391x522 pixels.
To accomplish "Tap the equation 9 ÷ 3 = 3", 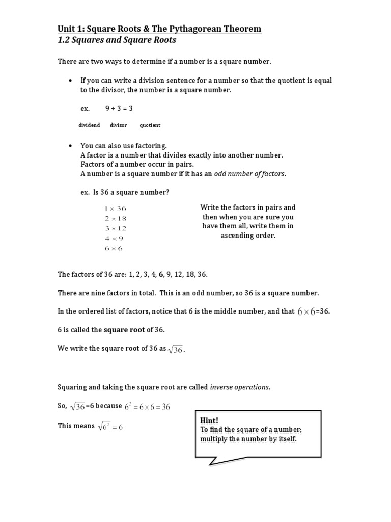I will tap(119, 109).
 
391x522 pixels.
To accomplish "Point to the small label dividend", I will tap(89, 125).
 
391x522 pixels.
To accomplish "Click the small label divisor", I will tap(118, 125).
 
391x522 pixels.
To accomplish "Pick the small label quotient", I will tap(150, 125).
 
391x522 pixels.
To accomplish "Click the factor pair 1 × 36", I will tap(115, 208).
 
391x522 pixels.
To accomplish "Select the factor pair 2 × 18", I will tap(115, 218).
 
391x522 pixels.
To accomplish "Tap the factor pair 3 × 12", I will tap(115, 228).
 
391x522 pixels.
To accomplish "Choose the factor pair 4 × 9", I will tap(113, 238).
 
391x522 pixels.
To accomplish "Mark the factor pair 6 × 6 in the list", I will tap(113, 248).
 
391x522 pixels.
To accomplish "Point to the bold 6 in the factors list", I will tap(161, 274).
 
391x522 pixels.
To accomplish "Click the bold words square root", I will tap(125, 330).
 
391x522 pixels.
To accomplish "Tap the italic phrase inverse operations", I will tap(240, 387).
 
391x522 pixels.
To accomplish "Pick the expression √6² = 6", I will tap(110, 427).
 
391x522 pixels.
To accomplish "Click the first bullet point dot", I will tap(70, 81).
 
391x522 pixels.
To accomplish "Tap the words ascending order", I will tap(248, 235).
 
